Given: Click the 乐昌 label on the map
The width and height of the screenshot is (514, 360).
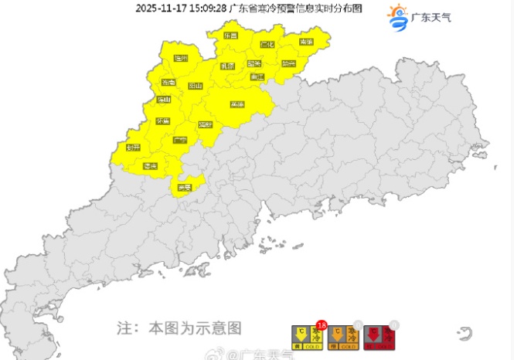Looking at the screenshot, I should (230, 36).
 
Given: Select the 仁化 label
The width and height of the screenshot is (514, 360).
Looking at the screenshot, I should (268, 45).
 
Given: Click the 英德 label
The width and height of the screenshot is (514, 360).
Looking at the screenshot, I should (237, 104).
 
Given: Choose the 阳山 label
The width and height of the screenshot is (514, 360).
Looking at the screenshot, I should (196, 87).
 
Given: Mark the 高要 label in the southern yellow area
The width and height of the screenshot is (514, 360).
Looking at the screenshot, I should (185, 188).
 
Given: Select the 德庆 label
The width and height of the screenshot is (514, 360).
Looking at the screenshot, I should (150, 166).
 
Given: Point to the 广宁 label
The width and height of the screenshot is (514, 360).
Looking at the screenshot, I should (180, 141).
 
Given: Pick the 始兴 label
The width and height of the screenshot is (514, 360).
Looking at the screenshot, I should (288, 64).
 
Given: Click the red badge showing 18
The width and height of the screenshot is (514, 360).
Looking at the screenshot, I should (321, 325).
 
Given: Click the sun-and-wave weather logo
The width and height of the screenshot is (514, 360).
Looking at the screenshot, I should (397, 18).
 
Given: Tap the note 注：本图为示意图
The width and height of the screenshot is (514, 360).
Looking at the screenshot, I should (179, 328).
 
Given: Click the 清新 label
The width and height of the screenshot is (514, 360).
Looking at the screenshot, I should (206, 124).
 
